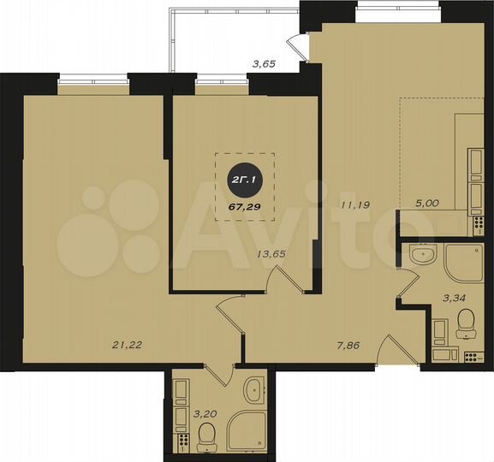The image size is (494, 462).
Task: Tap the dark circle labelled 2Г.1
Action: tap(244, 180)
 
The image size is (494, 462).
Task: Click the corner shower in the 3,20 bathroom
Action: tap(252, 433)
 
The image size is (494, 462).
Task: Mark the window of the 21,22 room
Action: tap(93, 84)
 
